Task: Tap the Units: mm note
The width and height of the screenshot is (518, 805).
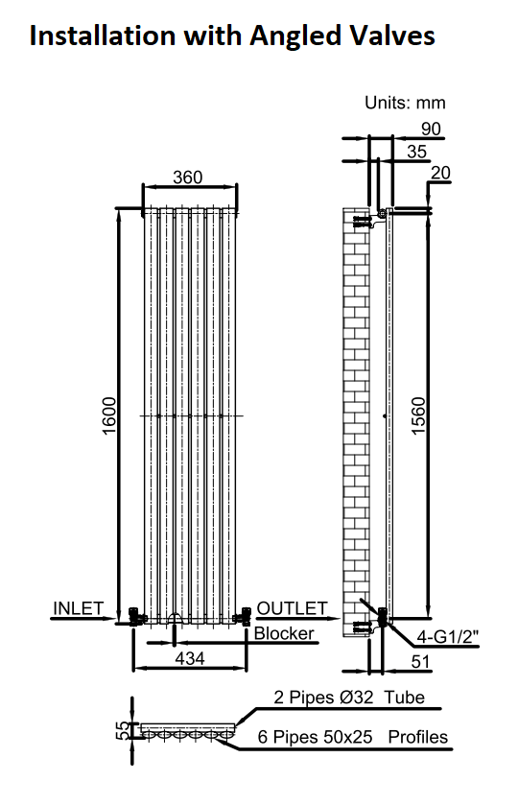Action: pos(405,103)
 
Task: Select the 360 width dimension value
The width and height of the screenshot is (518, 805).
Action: pos(188,178)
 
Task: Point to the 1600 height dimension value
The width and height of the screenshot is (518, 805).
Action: pos(109,415)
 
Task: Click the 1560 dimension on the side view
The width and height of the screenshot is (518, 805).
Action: pos(419,415)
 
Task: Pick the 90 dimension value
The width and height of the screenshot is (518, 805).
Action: pos(431,129)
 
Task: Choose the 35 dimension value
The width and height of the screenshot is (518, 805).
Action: pos(417,152)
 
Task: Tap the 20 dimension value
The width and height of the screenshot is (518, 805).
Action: pos(440,173)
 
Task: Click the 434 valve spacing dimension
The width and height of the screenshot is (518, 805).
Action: pos(190,658)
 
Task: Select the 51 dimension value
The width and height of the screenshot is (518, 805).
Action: pos(420,661)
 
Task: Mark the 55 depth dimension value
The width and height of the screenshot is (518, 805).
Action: pos(123,730)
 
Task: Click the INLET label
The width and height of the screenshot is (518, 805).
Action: pos(79,608)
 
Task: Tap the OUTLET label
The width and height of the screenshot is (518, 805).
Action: pos(292,608)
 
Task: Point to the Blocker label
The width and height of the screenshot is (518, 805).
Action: pos(284,633)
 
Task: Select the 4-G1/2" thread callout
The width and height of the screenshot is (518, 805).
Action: pos(447,637)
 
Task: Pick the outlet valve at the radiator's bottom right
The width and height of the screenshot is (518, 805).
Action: pos(243,616)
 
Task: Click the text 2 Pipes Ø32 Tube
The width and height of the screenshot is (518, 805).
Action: pos(349,698)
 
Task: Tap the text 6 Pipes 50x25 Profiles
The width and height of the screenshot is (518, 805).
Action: pos(353,737)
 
